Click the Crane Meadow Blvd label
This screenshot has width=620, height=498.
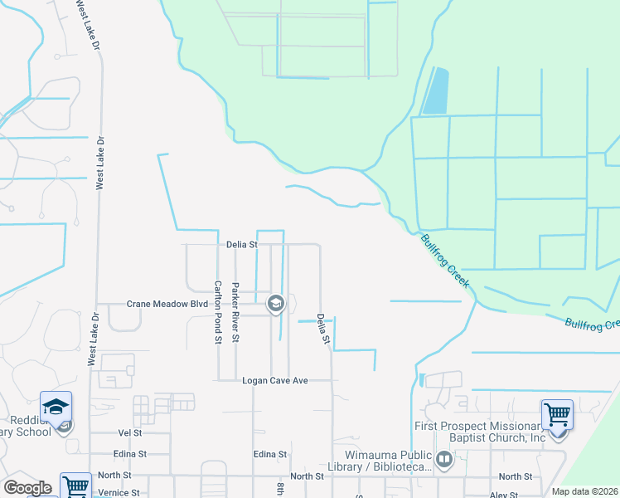tap(167, 305)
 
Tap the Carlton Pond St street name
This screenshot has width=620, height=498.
tap(219, 311)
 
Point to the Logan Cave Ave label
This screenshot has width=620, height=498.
tap(275, 380)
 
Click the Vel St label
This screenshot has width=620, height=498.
tap(130, 433)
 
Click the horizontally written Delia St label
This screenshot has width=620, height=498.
tap(242, 245)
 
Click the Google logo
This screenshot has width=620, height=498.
tap(27, 488)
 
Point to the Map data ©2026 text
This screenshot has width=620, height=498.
tap(584, 491)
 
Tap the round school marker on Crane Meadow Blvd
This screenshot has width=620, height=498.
tap(275, 305)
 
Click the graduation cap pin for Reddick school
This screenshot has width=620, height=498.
tap(56, 407)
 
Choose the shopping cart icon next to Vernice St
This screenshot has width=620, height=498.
tap(75, 485)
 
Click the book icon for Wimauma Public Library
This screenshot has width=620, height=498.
tap(444, 459)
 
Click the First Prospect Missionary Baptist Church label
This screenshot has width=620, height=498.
tap(481, 432)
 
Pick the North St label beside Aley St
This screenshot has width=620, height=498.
tap(516, 476)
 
